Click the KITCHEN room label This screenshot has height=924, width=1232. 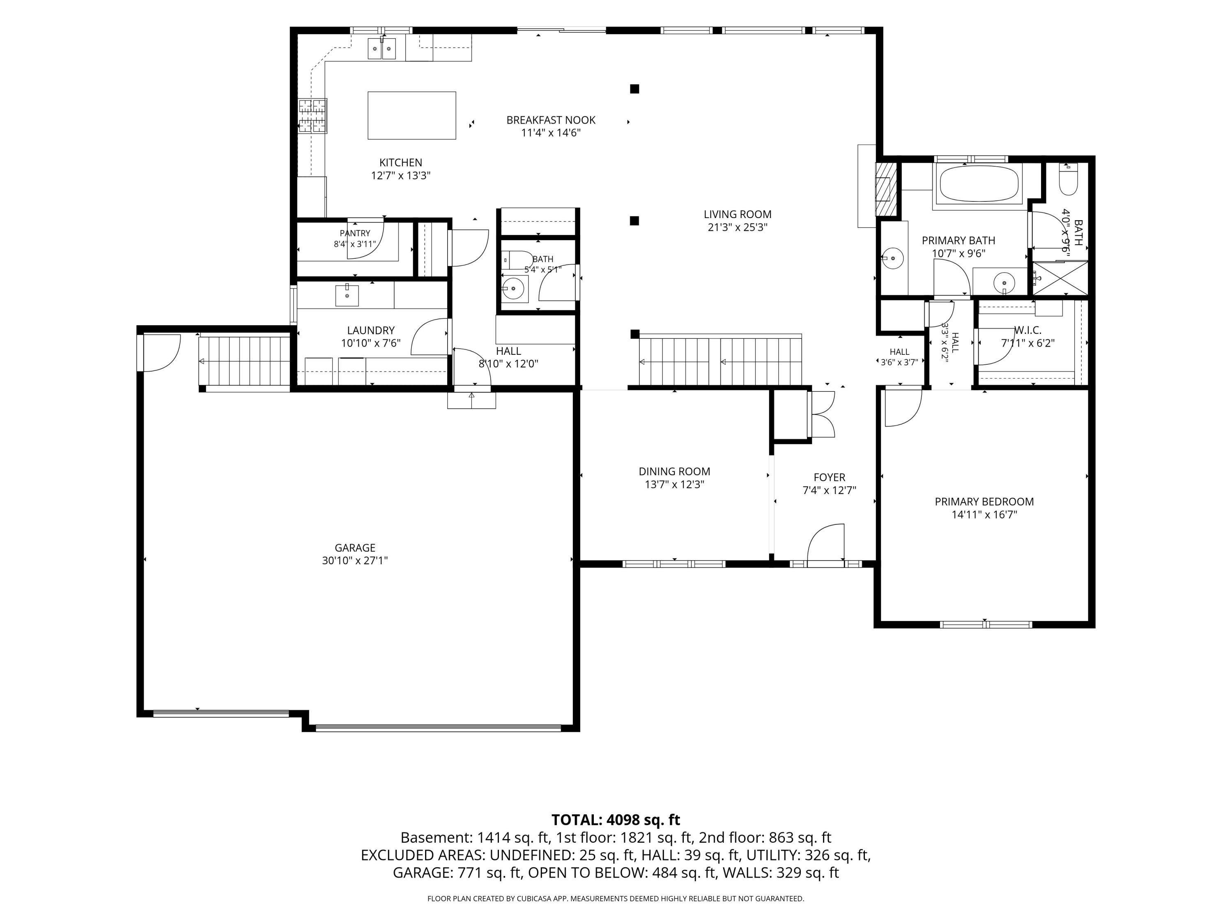[x=400, y=163]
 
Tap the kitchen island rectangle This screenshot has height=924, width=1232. [x=411, y=115]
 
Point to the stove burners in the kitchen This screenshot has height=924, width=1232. [x=313, y=116]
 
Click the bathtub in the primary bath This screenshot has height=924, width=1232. [x=980, y=183]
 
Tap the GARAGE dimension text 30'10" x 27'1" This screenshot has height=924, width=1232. [x=355, y=560]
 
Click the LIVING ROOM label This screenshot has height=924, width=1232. [x=738, y=214]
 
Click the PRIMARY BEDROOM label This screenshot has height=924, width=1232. [x=984, y=502]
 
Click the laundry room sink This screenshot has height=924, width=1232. [x=347, y=295]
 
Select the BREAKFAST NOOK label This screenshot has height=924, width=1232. [x=551, y=120]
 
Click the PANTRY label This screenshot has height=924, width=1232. [x=355, y=233]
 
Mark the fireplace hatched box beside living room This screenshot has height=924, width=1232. [x=886, y=189]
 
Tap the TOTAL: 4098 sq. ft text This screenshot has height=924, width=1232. [x=616, y=820]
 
